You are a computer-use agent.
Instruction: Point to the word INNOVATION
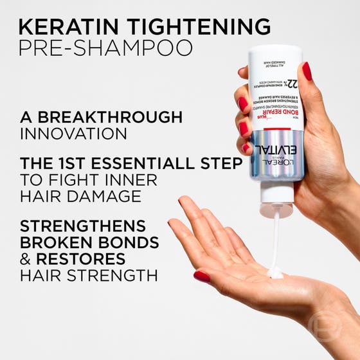tap(73, 134)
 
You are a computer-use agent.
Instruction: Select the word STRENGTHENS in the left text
tap(82, 227)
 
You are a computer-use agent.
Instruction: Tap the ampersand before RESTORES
tap(26, 259)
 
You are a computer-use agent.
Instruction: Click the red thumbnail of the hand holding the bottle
tap(307, 71)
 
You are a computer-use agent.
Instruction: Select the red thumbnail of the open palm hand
tap(201, 276)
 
